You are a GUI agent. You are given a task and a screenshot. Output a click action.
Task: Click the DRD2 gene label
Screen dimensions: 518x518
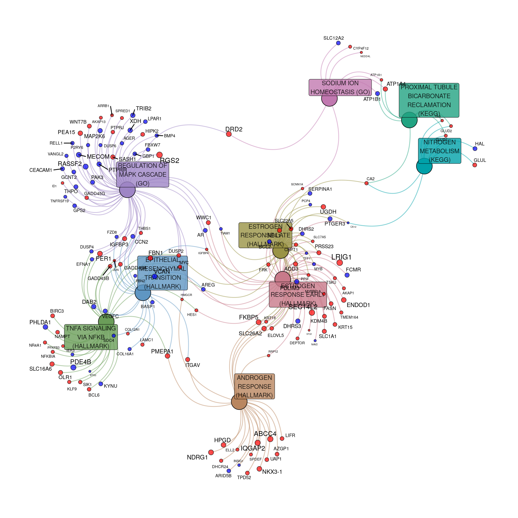(234, 129)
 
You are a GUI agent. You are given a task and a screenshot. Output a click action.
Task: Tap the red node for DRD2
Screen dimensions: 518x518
(229, 134)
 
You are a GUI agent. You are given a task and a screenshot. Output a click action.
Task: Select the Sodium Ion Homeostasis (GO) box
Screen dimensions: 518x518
(340, 87)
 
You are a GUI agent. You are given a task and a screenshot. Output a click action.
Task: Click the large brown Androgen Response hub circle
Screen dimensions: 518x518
(239, 401)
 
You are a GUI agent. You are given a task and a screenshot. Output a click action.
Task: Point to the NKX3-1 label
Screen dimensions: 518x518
(272, 472)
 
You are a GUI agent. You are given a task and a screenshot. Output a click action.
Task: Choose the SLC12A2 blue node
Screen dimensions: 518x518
(338, 43)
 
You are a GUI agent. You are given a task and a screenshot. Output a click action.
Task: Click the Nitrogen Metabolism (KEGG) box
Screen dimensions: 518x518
(439, 151)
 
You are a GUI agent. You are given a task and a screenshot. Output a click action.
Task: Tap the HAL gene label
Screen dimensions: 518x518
(480, 144)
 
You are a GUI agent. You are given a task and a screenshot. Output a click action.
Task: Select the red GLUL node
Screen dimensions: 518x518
(475, 165)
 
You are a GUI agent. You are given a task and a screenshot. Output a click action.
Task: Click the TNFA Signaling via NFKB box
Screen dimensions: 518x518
(91, 337)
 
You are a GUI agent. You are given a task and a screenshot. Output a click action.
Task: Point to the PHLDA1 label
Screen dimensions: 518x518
(40, 322)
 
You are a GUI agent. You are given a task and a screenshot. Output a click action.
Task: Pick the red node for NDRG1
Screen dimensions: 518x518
(211, 452)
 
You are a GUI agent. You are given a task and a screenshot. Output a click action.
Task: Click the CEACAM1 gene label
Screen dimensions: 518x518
(40, 170)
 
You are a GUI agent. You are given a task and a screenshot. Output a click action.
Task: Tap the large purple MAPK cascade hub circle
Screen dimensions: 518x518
(127, 190)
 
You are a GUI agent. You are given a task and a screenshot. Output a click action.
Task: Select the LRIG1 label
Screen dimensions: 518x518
(341, 257)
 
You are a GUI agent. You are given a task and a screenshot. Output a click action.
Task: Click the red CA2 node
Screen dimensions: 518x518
(366, 183)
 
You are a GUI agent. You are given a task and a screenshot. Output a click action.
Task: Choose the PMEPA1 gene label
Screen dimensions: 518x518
(162, 352)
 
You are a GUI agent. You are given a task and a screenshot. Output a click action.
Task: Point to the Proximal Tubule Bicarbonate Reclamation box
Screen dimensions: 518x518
(429, 100)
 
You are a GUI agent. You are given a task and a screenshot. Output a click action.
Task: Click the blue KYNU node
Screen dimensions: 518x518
(101, 384)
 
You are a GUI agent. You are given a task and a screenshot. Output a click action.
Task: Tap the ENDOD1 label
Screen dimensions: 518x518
(358, 305)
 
